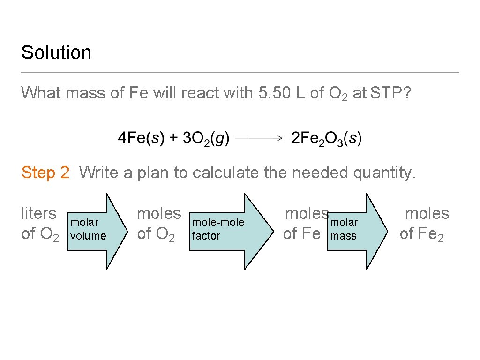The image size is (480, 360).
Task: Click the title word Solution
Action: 56,52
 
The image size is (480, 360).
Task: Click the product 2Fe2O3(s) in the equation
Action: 326,138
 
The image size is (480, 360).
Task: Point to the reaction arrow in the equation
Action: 258,138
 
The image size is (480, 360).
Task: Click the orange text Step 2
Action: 45,172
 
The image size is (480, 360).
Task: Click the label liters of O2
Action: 40,224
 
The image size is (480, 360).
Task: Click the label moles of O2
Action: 158,224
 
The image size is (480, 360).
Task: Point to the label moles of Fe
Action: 306,224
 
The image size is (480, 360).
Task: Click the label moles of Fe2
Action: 424,224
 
